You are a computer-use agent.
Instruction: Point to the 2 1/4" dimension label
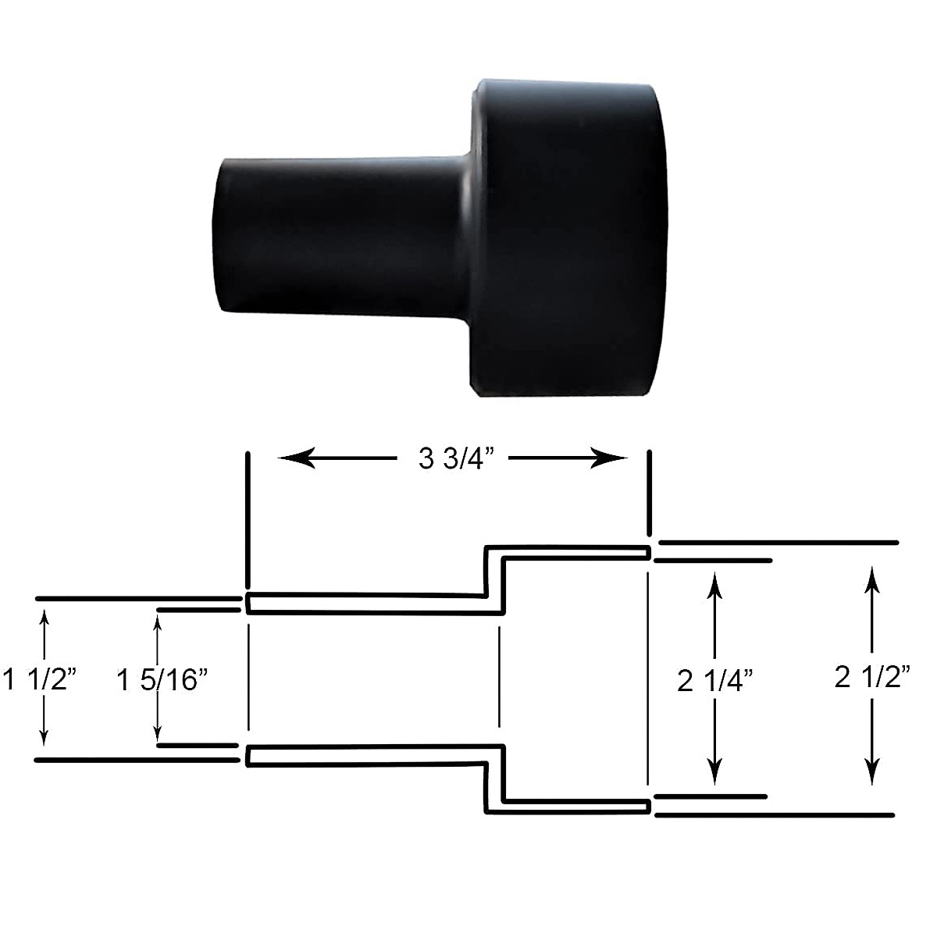click(714, 680)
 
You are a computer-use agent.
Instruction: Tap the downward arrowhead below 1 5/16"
click(159, 734)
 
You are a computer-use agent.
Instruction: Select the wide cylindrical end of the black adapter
click(570, 238)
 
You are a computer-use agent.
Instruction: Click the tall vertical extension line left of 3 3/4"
click(248, 519)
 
